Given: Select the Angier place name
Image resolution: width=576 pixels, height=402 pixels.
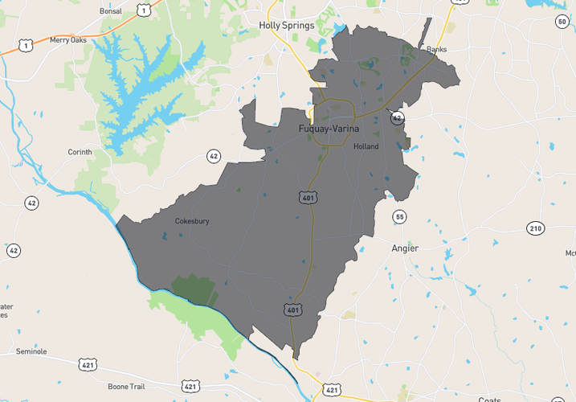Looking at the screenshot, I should click(x=405, y=248).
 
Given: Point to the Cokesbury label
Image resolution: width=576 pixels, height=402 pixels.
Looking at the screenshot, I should click(x=192, y=221).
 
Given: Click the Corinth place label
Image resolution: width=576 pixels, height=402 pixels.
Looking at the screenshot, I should click(x=80, y=152).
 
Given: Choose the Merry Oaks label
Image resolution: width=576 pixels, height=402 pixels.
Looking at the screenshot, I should click(x=67, y=39).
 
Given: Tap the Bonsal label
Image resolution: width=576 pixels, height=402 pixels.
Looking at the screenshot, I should click(x=110, y=12).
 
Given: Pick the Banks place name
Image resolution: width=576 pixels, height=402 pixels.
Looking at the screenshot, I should click(x=436, y=49).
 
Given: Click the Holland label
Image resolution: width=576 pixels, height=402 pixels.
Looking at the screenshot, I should click(x=366, y=146).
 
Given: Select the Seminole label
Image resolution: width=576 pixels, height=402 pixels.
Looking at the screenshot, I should click(x=31, y=351).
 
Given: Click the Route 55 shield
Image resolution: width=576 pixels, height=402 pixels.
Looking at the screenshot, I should click(x=399, y=217).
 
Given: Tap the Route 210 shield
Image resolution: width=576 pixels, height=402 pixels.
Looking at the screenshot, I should click(x=536, y=229).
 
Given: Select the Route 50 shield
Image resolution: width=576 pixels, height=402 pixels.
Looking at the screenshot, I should click(x=562, y=22).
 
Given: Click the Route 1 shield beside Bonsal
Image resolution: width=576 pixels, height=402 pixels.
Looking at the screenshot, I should click(x=142, y=10).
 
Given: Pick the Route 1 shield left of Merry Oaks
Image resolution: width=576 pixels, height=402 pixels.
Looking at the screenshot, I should click(x=26, y=47).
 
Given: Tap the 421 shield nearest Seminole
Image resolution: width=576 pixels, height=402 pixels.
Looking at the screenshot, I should click(x=88, y=365).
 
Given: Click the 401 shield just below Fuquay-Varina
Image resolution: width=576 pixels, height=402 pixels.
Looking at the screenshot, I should click(x=310, y=197).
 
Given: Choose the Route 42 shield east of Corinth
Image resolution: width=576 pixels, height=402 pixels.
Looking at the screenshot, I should click(x=213, y=155).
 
